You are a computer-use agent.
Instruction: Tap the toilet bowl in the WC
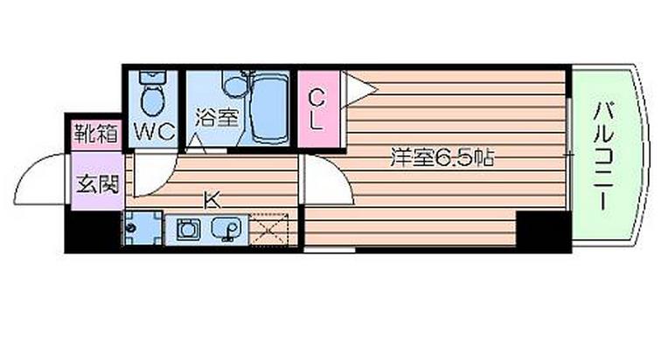154,97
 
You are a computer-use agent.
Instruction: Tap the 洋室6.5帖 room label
443,158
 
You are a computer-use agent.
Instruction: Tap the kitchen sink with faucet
227,230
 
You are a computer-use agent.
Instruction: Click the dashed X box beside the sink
270,230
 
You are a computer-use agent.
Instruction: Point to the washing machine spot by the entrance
136,229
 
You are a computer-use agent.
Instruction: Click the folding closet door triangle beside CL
357,87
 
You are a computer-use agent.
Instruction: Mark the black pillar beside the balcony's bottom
541,231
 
